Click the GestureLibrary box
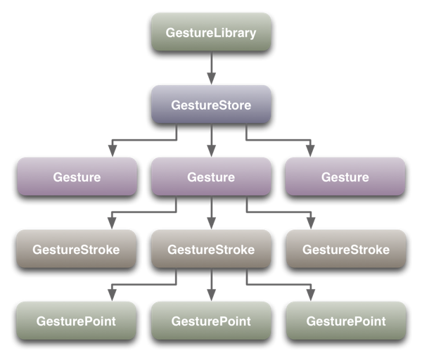pos(211,32)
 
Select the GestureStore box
pos(211,105)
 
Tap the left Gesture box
pos(77,176)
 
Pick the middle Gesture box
pos(211,176)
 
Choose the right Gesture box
pos(345,176)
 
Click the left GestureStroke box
pos(77,249)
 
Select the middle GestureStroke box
pos(211,249)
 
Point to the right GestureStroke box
pos(345,249)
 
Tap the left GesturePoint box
pos(77,321)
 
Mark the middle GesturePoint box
pos(211,321)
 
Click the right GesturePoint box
pos(345,321)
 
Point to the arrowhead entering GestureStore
pos(211,79)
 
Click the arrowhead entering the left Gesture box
pos(112,151)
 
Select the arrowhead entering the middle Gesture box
pos(211,151)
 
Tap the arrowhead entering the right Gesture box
pos(310,151)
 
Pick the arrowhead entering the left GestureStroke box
pos(112,224)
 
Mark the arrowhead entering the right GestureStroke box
pos(310,224)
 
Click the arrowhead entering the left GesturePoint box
pos(112,296)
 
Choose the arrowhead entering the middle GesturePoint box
pos(211,296)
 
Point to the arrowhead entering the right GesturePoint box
pos(310,296)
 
